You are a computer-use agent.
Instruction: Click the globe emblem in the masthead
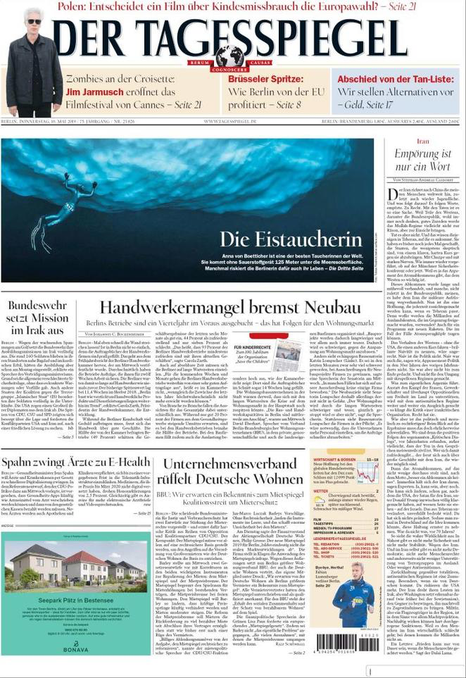(x=229, y=55)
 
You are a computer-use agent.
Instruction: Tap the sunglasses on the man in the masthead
(x=34, y=22)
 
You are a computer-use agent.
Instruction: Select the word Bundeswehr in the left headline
(x=38, y=306)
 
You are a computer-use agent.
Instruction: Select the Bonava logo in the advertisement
(x=75, y=646)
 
